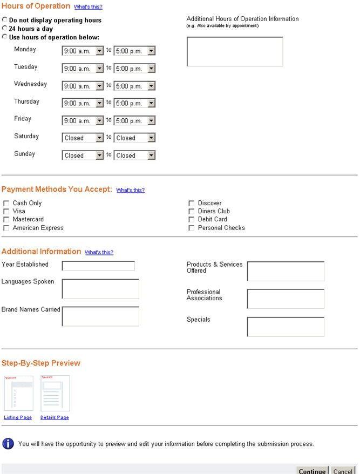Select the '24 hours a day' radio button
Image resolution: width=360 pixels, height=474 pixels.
[x=5, y=28]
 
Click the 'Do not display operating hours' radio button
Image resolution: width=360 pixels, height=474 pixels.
[x=5, y=19]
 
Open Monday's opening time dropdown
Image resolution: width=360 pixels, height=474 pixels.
[x=83, y=51]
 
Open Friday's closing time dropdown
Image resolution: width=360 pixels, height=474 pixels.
[x=134, y=120]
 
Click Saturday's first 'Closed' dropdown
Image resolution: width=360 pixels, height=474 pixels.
[x=83, y=138]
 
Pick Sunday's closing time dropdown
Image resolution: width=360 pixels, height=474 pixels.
[x=134, y=155]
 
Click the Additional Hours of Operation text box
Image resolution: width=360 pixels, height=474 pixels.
[x=235, y=52]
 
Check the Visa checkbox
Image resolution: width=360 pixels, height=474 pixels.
[x=6, y=212]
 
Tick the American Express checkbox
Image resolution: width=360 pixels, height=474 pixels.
[x=6, y=228]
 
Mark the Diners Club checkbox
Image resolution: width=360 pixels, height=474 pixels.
[x=192, y=212]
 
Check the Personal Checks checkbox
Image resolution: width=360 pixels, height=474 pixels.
[x=192, y=228]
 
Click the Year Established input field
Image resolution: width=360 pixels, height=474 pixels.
[x=98, y=266]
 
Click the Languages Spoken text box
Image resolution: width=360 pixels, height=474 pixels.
[x=100, y=289]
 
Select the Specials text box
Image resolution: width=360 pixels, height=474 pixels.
[x=286, y=327]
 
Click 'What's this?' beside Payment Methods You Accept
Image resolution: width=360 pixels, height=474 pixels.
[x=131, y=191]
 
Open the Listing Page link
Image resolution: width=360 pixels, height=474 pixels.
[x=18, y=417]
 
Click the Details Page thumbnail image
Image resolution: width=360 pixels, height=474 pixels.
[x=55, y=394]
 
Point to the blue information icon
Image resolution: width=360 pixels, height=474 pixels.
[x=8, y=444]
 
